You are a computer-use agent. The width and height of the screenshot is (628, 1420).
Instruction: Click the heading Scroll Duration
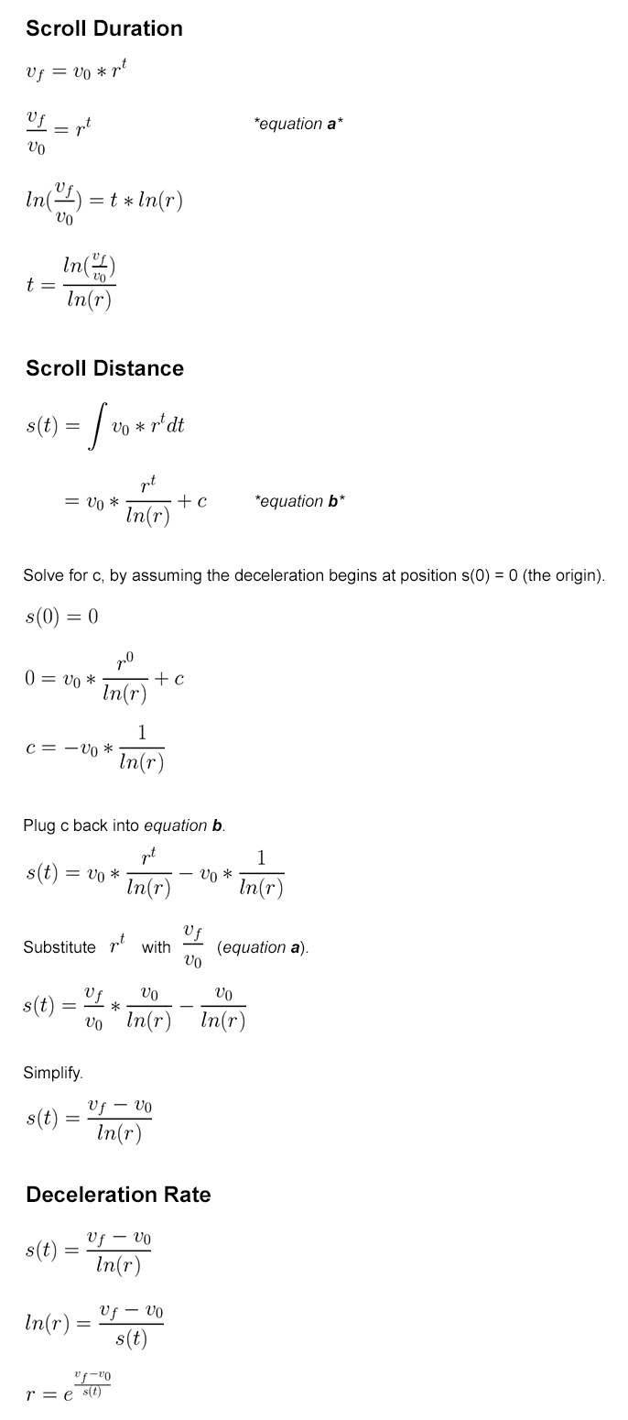point(104,28)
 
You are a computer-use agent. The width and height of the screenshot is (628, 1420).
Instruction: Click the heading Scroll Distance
point(104,368)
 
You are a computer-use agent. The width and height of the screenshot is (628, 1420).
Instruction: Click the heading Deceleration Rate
point(118,1195)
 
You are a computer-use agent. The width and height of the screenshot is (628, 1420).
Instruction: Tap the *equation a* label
point(298,124)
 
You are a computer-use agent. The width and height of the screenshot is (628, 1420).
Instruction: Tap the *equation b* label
point(299,501)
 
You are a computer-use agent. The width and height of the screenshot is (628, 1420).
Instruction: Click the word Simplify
point(53,1072)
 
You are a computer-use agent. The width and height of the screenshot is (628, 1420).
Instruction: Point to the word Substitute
point(60,947)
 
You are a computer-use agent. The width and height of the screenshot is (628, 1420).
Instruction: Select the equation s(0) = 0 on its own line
point(61,617)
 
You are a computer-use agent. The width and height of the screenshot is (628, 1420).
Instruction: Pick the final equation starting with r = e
point(69,1387)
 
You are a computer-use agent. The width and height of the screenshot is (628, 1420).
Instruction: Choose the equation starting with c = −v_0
point(95,748)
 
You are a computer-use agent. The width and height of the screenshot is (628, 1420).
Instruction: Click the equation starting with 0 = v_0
point(103,679)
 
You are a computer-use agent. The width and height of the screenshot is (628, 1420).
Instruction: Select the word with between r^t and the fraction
point(156,947)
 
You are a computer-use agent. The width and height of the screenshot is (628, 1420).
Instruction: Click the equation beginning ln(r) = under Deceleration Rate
point(94,1324)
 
